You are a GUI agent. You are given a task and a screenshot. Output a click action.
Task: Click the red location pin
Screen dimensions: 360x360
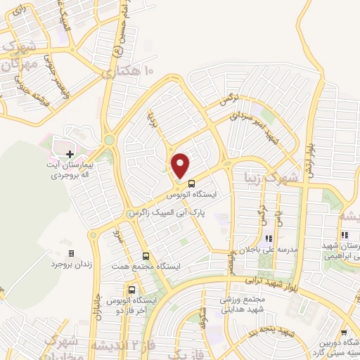tap(181, 165)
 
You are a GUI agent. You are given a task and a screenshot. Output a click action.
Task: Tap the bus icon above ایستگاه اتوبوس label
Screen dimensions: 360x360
tap(193, 185)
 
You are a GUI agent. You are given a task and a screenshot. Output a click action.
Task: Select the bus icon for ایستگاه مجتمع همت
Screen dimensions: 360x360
tap(146, 257)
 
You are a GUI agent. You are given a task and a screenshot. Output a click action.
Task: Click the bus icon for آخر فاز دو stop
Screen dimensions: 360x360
tap(131, 289)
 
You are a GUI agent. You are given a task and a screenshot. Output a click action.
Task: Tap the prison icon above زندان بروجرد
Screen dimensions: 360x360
tap(70, 253)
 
